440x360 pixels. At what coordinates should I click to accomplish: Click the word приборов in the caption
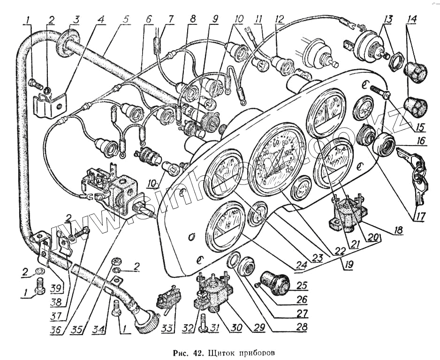255,351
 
